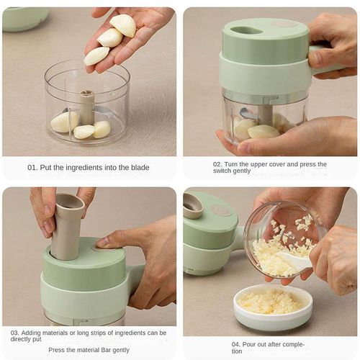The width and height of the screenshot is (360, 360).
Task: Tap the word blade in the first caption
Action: pyautogui.click(x=140, y=167)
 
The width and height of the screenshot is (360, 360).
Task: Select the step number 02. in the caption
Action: pyautogui.click(x=218, y=164)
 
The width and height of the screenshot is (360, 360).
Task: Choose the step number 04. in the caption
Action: pyautogui.click(x=237, y=343)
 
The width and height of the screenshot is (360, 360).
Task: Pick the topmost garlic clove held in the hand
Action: pyautogui.click(x=123, y=24)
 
